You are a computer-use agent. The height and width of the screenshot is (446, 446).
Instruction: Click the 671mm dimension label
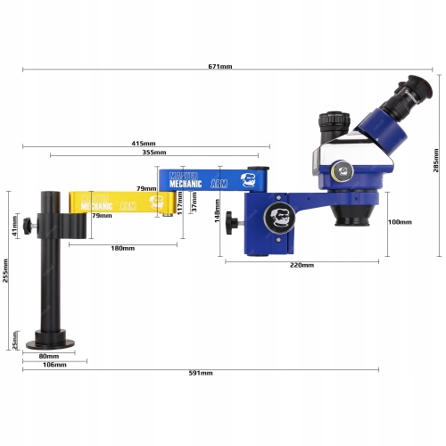click(x=220, y=66)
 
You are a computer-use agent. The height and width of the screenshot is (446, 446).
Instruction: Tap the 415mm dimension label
click(x=144, y=144)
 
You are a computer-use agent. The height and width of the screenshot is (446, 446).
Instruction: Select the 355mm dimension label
click(x=154, y=153)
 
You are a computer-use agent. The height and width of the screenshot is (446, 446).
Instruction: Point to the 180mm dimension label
click(x=123, y=248)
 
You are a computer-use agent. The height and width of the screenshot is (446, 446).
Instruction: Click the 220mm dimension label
click(x=301, y=265)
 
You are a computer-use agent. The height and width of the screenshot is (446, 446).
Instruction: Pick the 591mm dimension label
click(x=201, y=373)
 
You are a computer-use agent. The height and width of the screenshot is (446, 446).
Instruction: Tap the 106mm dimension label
click(x=54, y=365)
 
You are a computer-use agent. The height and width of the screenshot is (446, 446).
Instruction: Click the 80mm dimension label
click(x=49, y=356)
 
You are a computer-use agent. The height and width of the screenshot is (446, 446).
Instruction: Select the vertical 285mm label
click(x=436, y=161)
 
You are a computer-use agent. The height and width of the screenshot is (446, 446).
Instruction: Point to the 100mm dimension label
click(x=400, y=222)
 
